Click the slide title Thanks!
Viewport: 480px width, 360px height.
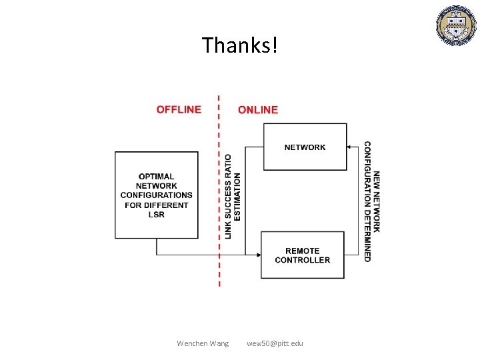click(x=239, y=45)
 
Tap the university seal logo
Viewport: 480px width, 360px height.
click(x=457, y=26)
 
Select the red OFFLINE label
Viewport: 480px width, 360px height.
click(x=179, y=109)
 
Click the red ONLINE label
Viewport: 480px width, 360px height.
click(x=258, y=109)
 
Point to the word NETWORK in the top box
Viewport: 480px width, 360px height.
click(x=305, y=147)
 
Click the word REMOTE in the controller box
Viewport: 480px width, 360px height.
click(x=302, y=251)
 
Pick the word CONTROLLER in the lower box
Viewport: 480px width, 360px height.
click(x=302, y=260)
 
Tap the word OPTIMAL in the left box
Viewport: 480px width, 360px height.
click(x=157, y=177)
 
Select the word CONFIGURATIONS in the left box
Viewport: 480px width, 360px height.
click(x=157, y=195)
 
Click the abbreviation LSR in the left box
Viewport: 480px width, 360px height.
click(x=157, y=214)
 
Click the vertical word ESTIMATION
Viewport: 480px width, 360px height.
click(x=238, y=197)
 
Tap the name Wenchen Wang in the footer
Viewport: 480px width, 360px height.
click(x=203, y=343)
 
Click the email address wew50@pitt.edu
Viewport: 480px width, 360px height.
click(x=275, y=343)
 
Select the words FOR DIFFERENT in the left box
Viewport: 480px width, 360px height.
click(x=157, y=205)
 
